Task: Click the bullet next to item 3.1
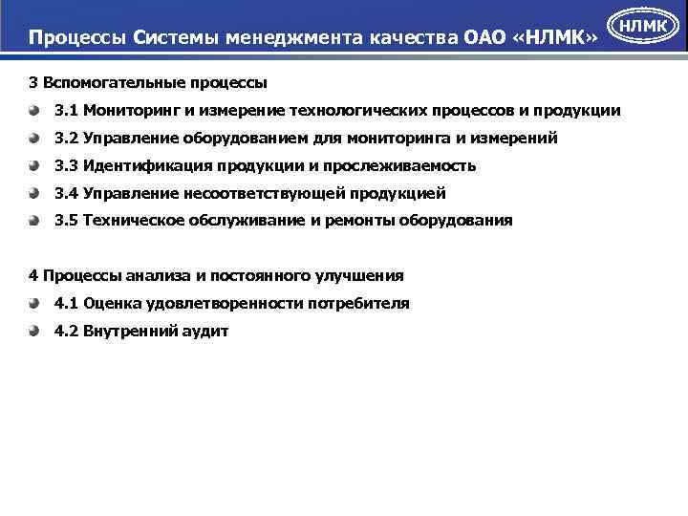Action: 34,111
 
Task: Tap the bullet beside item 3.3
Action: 34,165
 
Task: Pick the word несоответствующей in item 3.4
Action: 256,193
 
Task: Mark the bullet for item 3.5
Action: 34,220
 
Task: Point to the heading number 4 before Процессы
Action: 34,276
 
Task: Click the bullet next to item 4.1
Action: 34,303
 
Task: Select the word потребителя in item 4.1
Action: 358,304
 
